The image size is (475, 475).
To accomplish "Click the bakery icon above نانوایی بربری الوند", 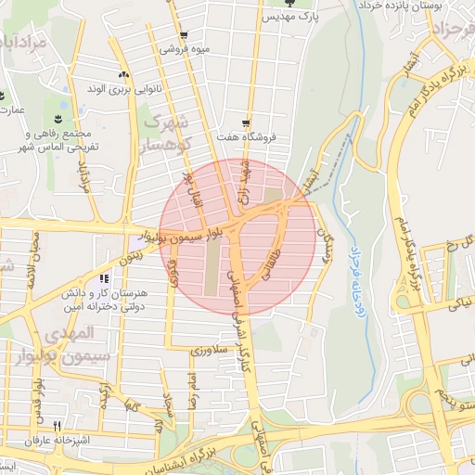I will tap(123, 74).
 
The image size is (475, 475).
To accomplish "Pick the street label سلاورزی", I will tap(209, 351).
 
